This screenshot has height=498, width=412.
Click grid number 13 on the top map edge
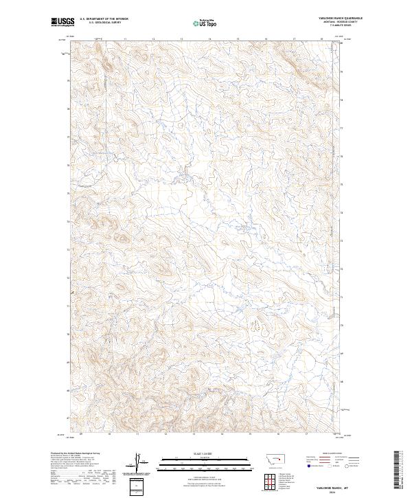point(181,40)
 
